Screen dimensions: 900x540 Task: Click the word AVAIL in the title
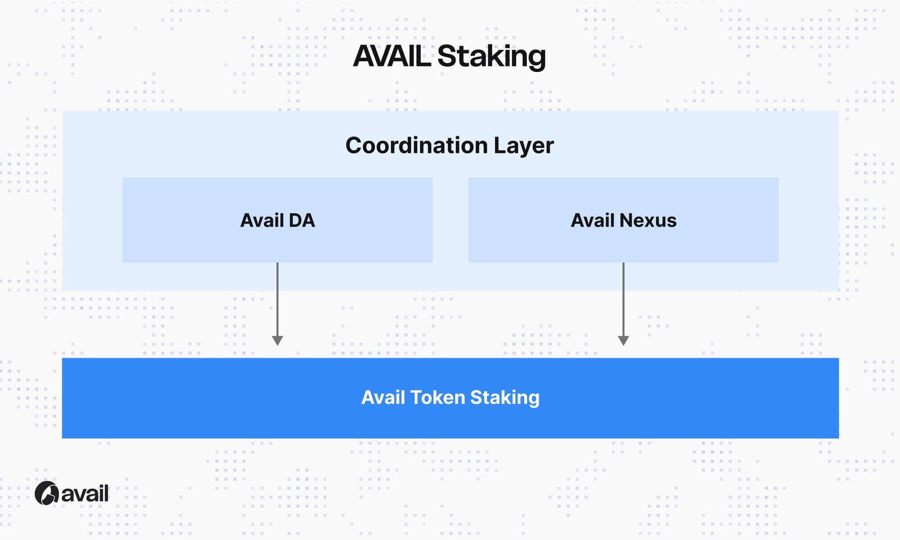[x=391, y=56]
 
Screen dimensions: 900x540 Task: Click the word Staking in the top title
[x=491, y=57]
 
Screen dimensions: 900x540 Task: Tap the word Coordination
[x=417, y=145]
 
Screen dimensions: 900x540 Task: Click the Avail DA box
[x=278, y=220]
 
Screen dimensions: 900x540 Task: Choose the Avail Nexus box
[x=624, y=220]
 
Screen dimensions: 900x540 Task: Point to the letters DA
[x=302, y=220]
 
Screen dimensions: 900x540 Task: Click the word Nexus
[x=648, y=220]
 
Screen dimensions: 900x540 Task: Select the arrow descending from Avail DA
[x=278, y=304]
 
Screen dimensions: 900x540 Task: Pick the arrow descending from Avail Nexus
[x=623, y=304]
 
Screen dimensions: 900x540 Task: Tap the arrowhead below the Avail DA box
[x=278, y=341]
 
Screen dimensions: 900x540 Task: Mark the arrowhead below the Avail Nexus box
[x=623, y=341]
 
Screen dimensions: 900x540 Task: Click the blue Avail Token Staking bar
[x=450, y=398]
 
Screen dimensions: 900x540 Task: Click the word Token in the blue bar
[x=438, y=397]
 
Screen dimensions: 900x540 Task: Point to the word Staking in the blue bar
[x=505, y=398]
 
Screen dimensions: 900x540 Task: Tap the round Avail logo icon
[x=47, y=493]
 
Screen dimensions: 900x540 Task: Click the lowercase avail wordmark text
[x=85, y=494]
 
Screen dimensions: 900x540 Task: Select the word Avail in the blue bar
[x=383, y=397]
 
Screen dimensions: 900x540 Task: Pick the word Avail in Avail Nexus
[x=593, y=220]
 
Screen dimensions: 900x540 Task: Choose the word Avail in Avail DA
[x=262, y=220]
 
